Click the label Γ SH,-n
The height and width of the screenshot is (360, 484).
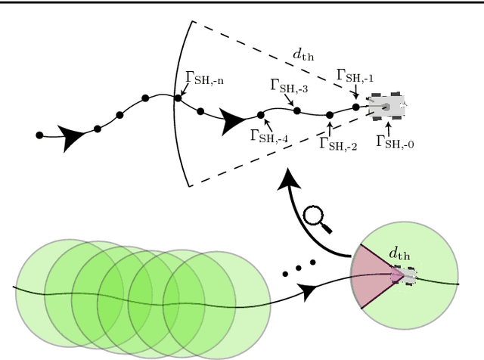(204, 79)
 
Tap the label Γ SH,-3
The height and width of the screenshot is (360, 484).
(289, 86)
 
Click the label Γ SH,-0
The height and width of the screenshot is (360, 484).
(395, 141)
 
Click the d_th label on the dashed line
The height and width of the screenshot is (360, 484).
(306, 55)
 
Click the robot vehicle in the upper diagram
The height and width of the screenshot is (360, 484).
(387, 107)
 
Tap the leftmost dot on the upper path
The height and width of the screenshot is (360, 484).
(39, 135)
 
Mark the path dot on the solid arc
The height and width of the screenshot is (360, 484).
(178, 98)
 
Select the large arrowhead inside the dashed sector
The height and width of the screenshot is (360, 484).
(235, 118)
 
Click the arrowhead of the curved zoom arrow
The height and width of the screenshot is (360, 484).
(289, 182)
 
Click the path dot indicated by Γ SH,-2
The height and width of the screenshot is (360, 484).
(330, 115)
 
